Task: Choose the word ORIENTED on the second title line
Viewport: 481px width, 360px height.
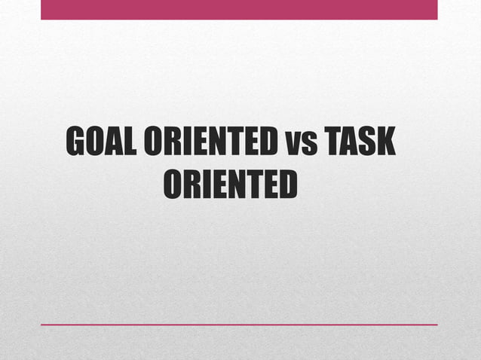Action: coord(230,185)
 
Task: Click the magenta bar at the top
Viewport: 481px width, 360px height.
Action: coord(239,9)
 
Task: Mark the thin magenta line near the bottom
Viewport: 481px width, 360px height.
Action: coord(239,325)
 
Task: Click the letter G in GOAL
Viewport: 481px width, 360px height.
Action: coord(76,142)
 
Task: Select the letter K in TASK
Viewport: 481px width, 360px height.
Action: coord(385,142)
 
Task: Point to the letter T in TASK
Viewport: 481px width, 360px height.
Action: coord(332,142)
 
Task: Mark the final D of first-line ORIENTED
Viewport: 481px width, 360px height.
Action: coord(268,142)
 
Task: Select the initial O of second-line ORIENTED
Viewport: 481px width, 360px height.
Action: coord(173,185)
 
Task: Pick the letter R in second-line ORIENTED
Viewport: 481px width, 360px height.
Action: coord(191,185)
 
